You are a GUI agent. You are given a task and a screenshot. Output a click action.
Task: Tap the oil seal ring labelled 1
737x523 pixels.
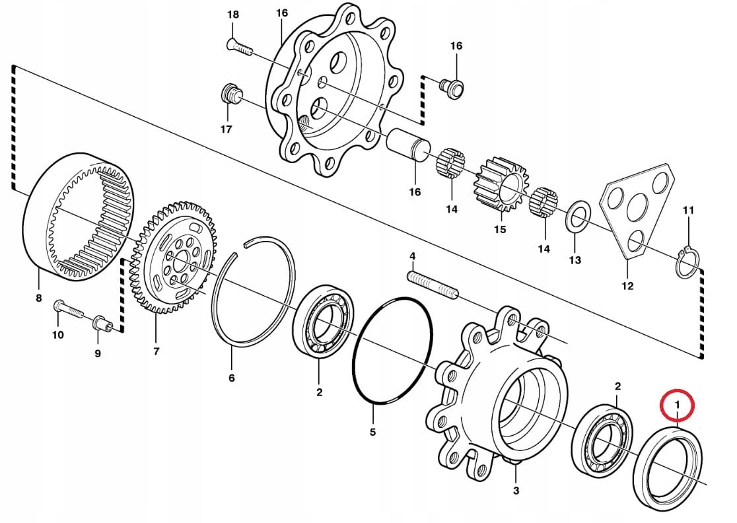pyautogui.click(x=668, y=436)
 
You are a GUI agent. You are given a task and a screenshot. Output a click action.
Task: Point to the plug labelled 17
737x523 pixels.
pyautogui.click(x=230, y=94)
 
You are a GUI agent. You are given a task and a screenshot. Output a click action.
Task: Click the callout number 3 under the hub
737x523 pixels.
pyautogui.click(x=516, y=491)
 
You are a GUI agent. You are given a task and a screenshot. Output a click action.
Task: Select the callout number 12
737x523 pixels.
pyautogui.click(x=627, y=286)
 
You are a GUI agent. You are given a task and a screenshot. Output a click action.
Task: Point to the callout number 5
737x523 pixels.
pyautogui.click(x=372, y=433)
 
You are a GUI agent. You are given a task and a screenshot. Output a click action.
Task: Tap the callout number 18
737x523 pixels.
pyautogui.click(x=232, y=15)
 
